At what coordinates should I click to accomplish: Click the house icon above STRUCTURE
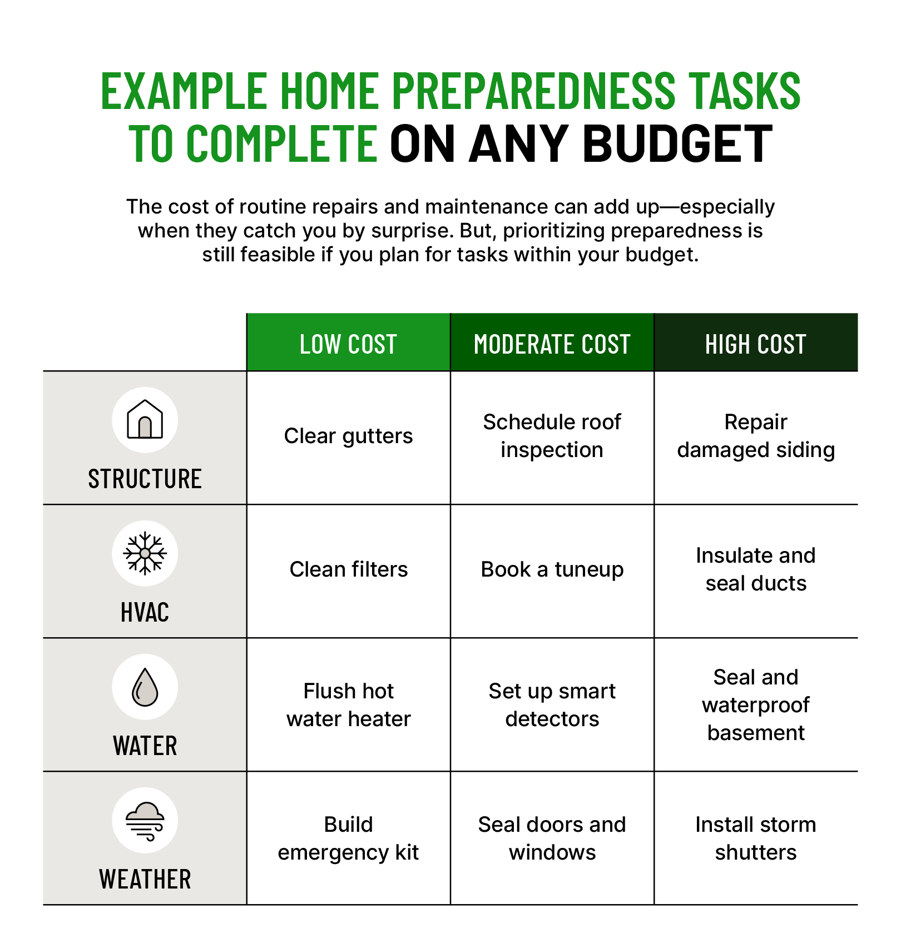tap(145, 419)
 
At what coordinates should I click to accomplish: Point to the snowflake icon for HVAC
tap(145, 553)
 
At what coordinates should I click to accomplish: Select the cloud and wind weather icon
tap(145, 821)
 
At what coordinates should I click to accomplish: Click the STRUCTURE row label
tap(145, 479)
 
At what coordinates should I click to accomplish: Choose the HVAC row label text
tap(145, 612)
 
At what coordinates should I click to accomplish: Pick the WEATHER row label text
tap(145, 879)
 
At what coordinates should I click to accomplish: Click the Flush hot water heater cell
tap(348, 705)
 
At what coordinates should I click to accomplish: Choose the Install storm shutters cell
tap(756, 838)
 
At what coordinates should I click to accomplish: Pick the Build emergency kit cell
tap(348, 838)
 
